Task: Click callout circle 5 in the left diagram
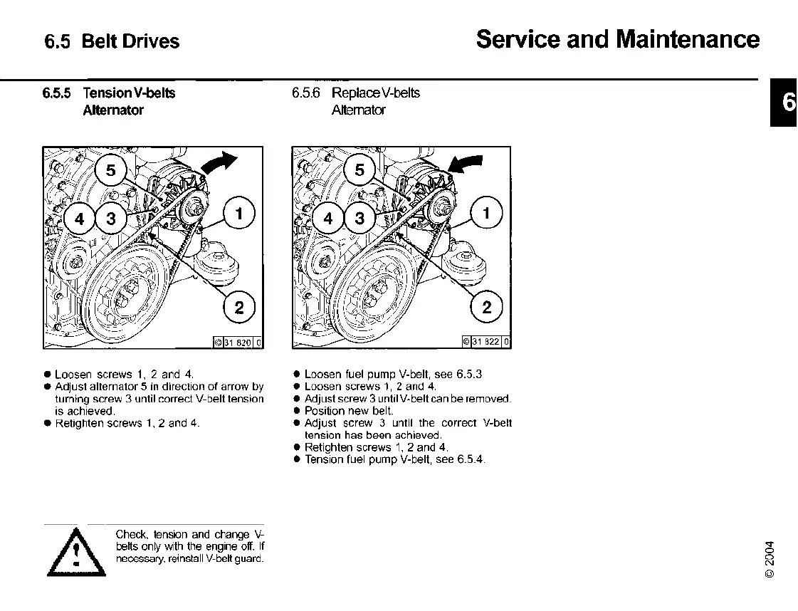tap(110, 170)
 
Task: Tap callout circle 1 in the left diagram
tap(239, 213)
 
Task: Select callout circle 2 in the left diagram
tap(239, 308)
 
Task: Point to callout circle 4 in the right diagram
tap(328, 219)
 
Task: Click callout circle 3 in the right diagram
tap(359, 219)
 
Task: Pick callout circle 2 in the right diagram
tap(487, 308)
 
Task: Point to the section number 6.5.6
tap(307, 93)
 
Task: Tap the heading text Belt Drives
tap(130, 41)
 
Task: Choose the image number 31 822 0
tap(487, 343)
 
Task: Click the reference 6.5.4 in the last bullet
tap(471, 459)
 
